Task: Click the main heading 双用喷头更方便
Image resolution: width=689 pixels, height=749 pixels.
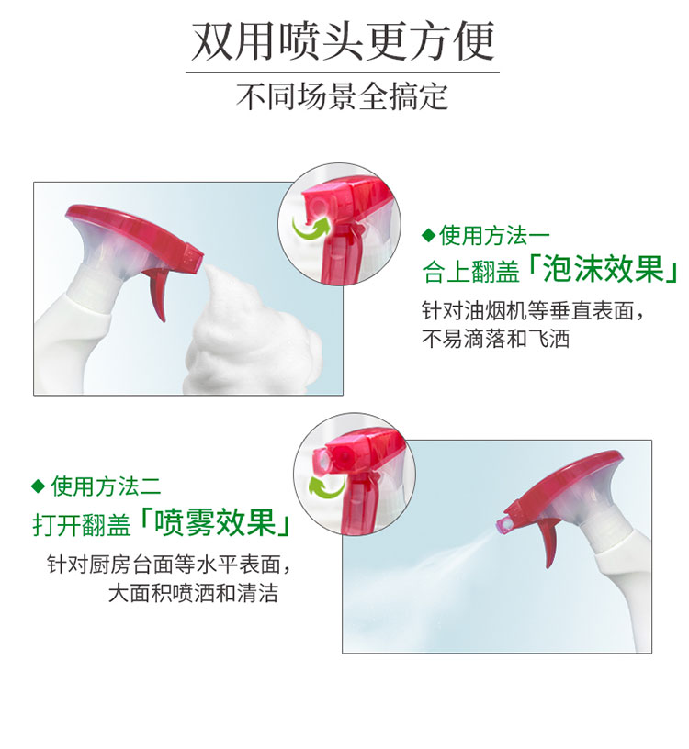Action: (343, 42)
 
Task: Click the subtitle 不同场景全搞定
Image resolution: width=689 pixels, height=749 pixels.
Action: (343, 96)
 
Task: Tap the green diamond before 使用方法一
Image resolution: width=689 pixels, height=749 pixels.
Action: (429, 235)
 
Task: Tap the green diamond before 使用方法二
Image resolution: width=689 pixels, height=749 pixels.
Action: (38, 486)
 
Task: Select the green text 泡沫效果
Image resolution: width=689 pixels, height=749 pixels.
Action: (604, 270)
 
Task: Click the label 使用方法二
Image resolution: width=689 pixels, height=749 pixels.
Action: (106, 486)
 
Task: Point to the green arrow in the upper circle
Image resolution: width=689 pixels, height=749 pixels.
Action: (311, 228)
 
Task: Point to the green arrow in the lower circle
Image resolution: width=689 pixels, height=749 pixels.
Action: (326, 486)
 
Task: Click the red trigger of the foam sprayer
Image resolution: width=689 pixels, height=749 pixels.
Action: (158, 291)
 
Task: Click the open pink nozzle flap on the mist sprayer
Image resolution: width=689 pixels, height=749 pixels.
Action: (504, 525)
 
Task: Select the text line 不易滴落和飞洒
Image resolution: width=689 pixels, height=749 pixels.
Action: (495, 339)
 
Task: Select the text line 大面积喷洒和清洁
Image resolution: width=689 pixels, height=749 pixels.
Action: (193, 593)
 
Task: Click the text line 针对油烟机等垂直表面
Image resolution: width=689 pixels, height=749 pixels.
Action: (533, 311)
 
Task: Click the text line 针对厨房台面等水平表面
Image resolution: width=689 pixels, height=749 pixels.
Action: (169, 565)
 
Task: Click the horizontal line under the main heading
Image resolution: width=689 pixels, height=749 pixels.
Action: (343, 73)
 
